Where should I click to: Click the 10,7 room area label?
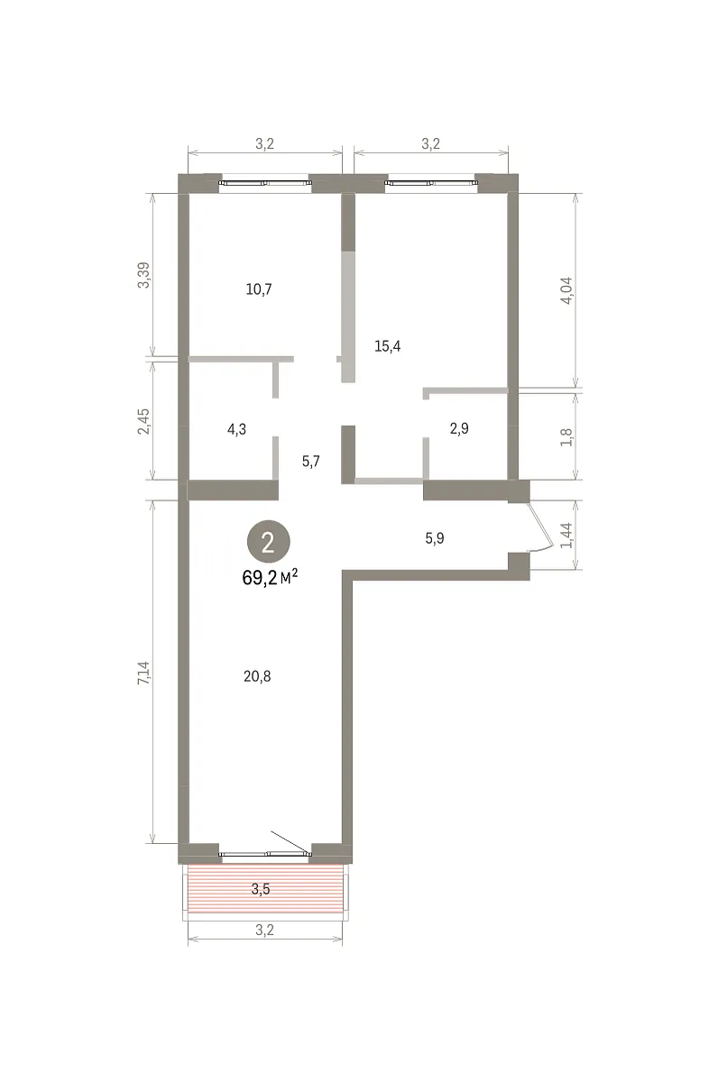coord(259,289)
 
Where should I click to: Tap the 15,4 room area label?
coord(387,346)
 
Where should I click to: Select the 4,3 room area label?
coord(236,429)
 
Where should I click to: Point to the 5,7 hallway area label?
coord(310,462)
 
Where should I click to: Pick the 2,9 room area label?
coord(459,428)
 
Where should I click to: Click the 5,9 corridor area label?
coord(435,538)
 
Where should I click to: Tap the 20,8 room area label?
coord(257,677)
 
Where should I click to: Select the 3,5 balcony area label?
coord(261,889)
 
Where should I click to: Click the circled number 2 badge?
coord(269,542)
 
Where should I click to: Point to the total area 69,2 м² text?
coord(270,578)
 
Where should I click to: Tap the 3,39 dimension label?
coord(144,275)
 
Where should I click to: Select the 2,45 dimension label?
coord(144,421)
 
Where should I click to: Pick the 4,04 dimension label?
coord(566,290)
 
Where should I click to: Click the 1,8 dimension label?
coord(566,437)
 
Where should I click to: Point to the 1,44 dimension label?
coord(566,536)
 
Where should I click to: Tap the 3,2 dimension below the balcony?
coord(264,930)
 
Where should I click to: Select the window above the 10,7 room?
coord(265,183)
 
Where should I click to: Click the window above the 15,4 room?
coord(431,183)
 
